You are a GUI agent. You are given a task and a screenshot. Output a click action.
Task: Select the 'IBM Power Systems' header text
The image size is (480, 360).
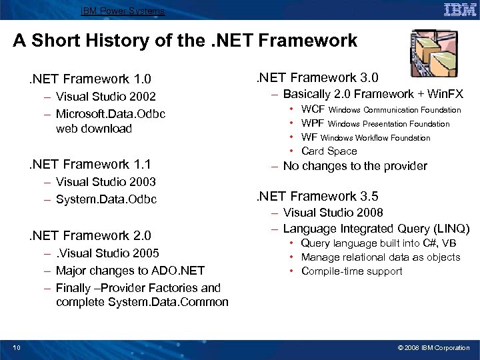coord(122,11)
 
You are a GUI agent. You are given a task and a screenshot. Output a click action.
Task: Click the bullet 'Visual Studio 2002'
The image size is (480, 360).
coord(105,97)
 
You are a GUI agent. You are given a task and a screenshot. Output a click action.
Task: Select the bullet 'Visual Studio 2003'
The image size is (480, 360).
coord(105,182)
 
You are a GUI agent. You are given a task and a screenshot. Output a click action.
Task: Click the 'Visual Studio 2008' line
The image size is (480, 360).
coord(333,213)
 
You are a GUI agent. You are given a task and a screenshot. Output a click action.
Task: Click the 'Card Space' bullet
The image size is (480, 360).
coord(329,151)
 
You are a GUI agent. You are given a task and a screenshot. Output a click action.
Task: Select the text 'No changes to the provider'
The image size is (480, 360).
coord(355,167)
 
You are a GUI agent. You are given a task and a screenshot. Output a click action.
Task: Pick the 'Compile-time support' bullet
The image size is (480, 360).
coord(351,271)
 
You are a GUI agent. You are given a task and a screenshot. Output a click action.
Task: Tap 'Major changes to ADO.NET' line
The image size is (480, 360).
coord(130,271)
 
